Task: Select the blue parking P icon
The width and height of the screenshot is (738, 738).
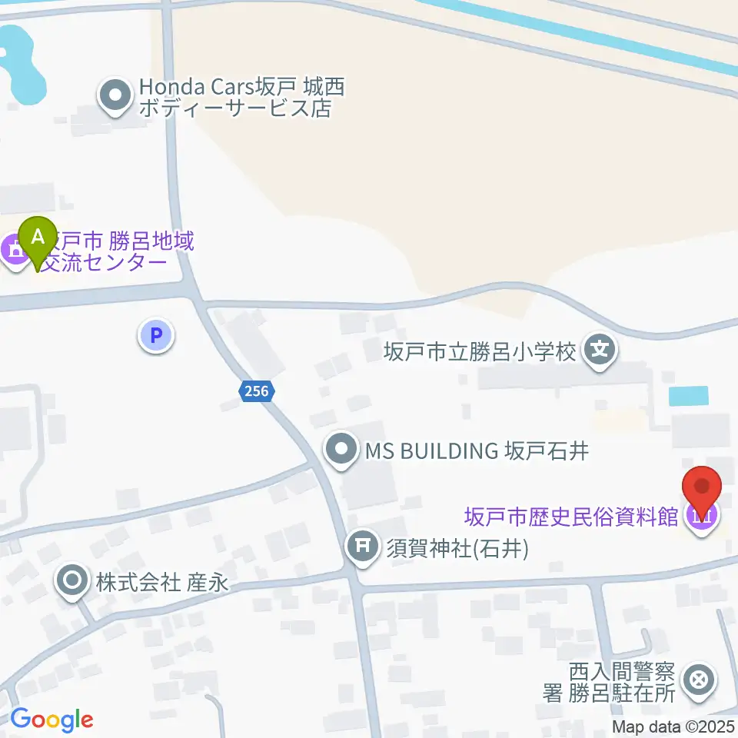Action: pos(156,336)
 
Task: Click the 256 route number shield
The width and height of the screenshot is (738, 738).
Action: pos(255,391)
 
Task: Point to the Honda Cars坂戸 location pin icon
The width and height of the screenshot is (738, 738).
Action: pos(116,97)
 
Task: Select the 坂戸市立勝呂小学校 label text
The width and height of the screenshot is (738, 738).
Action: pos(480,352)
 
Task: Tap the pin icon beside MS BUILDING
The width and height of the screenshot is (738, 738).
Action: pos(341,450)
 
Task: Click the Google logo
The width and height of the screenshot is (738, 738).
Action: pos(52,720)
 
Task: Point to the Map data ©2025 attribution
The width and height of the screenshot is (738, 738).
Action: pos(674,726)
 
